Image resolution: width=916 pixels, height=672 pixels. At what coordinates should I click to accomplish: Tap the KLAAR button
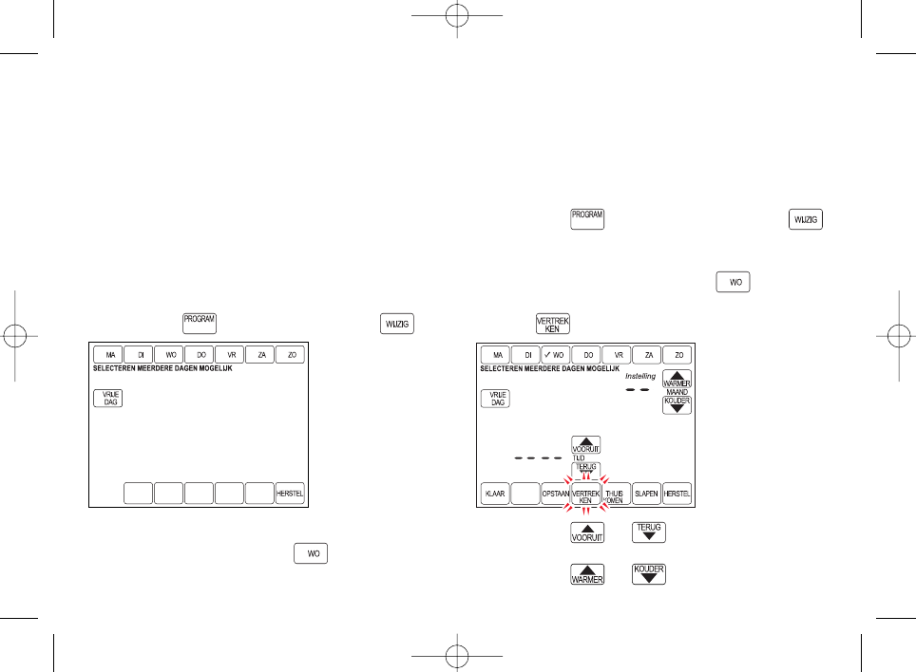pos(495,495)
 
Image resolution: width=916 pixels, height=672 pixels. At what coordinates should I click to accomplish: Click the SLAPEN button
pos(647,495)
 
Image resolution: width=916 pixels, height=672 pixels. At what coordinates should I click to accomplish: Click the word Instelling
pos(639,376)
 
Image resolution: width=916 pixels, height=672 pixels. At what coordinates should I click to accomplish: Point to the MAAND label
pos(677,391)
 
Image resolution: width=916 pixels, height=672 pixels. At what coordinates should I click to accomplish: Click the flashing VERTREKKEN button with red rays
pos(586,495)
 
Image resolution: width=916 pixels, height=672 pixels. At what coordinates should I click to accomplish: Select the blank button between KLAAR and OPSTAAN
pos(525,495)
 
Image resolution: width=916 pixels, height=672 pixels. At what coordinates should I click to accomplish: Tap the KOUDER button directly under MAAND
pos(677,405)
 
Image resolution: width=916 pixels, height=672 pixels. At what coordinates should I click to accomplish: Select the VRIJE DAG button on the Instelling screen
pos(495,399)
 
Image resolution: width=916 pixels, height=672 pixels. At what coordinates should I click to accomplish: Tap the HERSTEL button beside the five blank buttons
pos(290,495)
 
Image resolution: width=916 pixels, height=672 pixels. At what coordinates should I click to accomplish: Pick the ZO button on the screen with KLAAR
pos(677,355)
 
